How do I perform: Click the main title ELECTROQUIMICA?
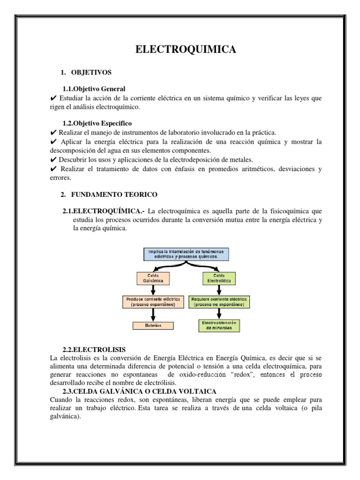(186, 50)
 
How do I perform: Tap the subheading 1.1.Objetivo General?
(94, 89)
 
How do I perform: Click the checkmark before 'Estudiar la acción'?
(52, 98)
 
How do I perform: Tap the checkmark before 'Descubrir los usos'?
(52, 159)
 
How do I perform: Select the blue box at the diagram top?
(186, 254)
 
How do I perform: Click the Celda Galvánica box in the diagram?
(151, 278)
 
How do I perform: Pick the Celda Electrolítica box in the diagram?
(219, 278)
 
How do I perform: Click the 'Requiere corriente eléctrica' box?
(219, 301)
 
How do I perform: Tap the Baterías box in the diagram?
(152, 326)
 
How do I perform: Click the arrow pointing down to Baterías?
(152, 314)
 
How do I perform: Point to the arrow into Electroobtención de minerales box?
(219, 314)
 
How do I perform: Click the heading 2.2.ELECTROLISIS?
(94, 350)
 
